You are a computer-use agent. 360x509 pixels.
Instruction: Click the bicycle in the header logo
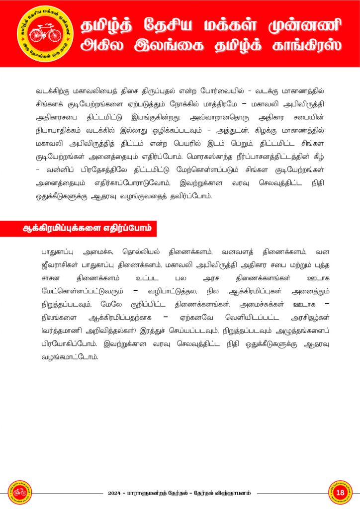coord(45,34)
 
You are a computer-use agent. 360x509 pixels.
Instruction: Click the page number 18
coord(340,493)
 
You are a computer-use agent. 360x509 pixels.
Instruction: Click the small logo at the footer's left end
coord(19,493)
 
